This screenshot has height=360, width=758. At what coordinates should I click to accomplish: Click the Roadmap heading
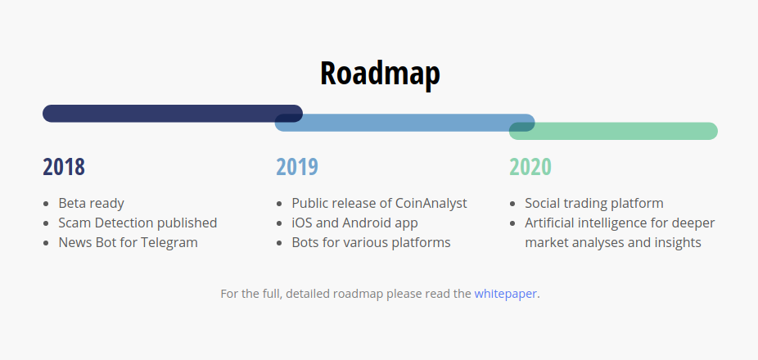[x=380, y=74]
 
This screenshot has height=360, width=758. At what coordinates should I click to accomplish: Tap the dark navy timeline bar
[x=173, y=114]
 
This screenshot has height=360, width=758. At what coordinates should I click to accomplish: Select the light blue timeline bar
[x=404, y=123]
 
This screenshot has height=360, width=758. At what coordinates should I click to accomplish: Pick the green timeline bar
[x=613, y=131]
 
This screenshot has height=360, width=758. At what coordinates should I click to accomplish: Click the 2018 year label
[x=64, y=167]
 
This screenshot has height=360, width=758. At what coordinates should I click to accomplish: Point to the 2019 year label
[x=297, y=167]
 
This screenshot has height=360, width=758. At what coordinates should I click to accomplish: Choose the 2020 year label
[x=530, y=167]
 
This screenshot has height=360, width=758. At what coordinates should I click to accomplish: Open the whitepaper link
[x=505, y=294]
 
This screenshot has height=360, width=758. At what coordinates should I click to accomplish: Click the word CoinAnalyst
[x=431, y=204]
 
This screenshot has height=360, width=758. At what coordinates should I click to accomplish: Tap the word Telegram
[x=169, y=242]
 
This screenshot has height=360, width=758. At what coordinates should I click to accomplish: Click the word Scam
[x=75, y=223]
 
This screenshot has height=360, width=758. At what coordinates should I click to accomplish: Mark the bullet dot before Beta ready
[x=46, y=204]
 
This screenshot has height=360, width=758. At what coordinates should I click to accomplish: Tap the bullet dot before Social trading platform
[x=512, y=204]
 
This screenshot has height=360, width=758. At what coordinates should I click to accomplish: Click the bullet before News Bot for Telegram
[x=46, y=243]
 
